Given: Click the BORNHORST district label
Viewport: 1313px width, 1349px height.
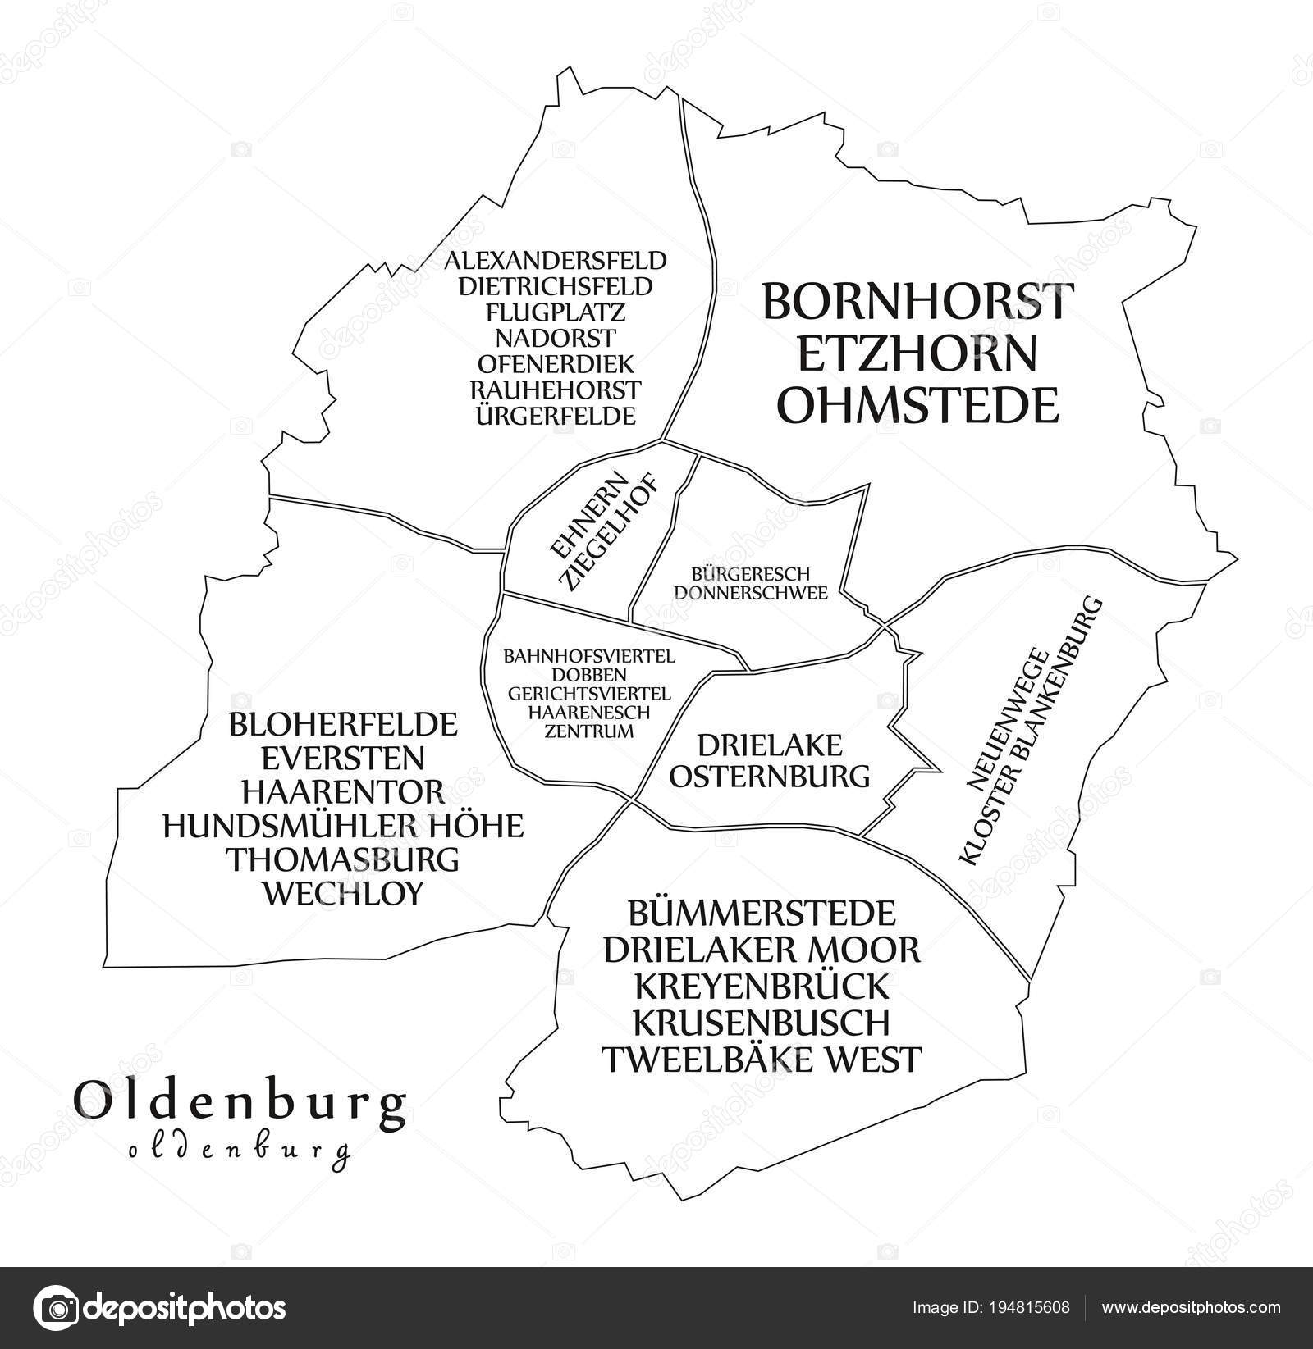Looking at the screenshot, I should (x=917, y=302).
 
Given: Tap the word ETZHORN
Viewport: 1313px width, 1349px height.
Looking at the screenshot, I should (x=917, y=353).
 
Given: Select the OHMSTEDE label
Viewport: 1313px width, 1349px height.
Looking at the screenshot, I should (x=917, y=405).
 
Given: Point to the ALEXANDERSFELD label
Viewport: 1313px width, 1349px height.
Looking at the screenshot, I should (x=556, y=262).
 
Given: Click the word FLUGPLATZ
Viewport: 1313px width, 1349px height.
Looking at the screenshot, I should (x=556, y=312).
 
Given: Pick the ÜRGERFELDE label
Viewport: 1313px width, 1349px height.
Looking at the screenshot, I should (x=556, y=416).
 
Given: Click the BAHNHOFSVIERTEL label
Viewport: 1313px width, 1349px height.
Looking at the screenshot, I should (x=589, y=656).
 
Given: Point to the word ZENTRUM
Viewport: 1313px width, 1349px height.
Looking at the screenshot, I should (x=589, y=731).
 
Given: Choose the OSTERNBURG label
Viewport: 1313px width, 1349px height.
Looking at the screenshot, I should (x=770, y=775).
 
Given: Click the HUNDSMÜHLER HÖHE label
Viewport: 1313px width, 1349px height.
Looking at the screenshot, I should (x=343, y=825).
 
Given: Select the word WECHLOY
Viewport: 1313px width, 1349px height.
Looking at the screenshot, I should (x=343, y=893).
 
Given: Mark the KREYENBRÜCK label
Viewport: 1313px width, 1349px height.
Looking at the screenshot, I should (x=762, y=985).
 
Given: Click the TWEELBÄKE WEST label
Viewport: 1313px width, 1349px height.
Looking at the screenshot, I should (x=762, y=1058).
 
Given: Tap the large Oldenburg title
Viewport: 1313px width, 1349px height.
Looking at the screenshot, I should (x=240, y=1104).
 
